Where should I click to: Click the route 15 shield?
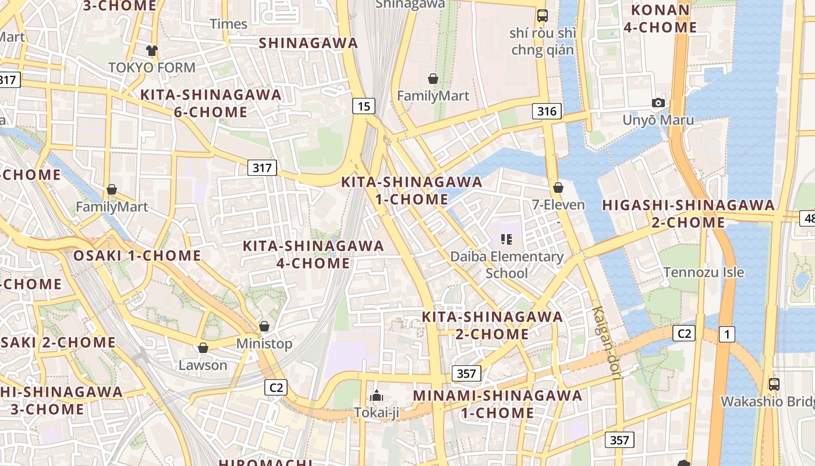[363, 106]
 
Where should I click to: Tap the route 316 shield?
[547, 111]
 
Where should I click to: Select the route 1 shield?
[727, 334]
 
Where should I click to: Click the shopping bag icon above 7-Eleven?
[558, 188]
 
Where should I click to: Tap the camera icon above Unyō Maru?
[658, 103]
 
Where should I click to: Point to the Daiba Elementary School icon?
[506, 239]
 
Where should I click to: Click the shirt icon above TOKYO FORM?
[152, 51]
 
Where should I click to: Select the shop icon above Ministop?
[264, 326]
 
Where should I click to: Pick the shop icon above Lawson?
[203, 348]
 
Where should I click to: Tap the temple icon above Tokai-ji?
[377, 396]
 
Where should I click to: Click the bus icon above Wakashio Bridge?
[774, 384]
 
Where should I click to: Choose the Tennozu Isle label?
[704, 272]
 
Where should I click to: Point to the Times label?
[228, 24]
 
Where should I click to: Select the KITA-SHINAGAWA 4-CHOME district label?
[313, 255]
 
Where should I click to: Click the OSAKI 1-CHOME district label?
[137, 256]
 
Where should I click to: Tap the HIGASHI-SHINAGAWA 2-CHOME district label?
[688, 214]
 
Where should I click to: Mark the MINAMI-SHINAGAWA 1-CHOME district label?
[497, 404]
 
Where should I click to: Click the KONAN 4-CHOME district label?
[660, 19]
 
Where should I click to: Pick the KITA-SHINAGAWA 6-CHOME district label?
[211, 103]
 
